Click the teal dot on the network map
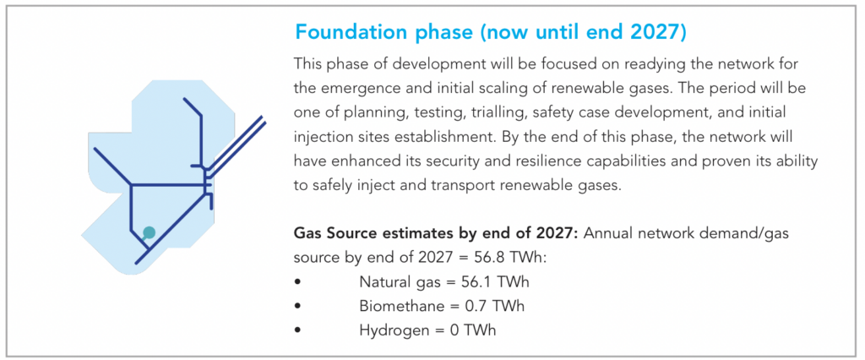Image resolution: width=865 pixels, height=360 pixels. (149, 232)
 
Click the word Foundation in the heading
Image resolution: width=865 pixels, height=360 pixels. (345, 32)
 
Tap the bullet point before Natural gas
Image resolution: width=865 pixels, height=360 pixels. (298, 282)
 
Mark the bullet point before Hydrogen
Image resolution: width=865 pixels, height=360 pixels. (298, 330)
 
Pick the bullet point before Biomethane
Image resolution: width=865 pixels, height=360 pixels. (298, 306)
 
